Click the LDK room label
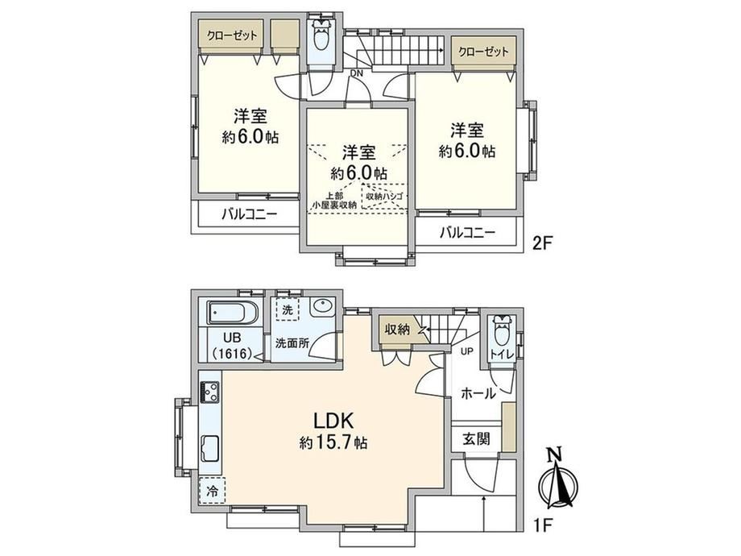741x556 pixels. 333,420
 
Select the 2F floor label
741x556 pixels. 543,243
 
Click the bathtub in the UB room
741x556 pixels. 233,313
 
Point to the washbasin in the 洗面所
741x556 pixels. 322,308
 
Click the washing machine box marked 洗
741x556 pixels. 288,309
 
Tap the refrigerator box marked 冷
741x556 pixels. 213,491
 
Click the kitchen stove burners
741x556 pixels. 210,392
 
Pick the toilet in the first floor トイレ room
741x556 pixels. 501,332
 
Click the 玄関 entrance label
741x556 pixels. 476,439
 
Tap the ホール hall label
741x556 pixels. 478,393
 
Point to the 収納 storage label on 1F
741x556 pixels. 397,330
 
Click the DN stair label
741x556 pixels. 357,73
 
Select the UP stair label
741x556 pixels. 466,352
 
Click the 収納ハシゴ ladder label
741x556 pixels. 383,196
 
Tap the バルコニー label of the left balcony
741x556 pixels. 250,215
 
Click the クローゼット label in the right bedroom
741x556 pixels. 483,52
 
